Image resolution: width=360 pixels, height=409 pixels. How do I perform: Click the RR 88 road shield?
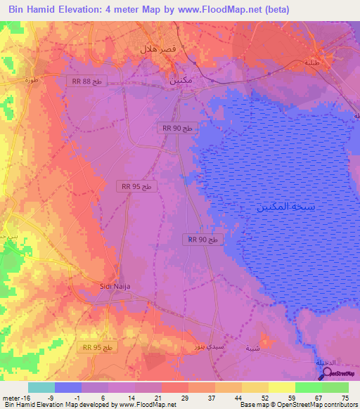point(87,81)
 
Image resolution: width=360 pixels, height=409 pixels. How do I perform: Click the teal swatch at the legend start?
point(41,387)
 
